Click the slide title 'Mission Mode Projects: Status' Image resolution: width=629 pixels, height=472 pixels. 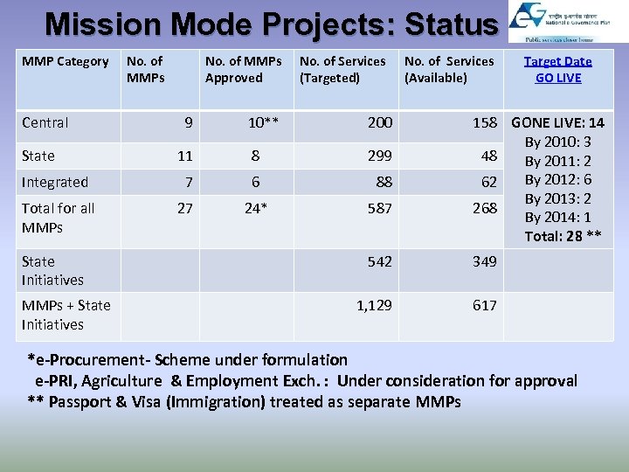(x=271, y=24)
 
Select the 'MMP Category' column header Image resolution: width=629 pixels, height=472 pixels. (x=66, y=61)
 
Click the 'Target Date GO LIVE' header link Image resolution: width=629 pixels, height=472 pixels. (x=557, y=69)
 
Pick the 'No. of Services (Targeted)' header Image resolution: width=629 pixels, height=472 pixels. (x=342, y=69)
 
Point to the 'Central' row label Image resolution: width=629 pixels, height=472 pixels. (x=45, y=122)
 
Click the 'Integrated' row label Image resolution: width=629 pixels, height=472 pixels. (x=55, y=182)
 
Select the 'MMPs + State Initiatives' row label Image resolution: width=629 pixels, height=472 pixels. (x=66, y=315)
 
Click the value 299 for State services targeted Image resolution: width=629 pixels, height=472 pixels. (x=379, y=156)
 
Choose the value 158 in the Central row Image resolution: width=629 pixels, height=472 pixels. (x=485, y=122)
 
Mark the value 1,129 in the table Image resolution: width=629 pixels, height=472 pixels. (x=374, y=305)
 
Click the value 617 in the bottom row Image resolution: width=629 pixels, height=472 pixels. (x=485, y=305)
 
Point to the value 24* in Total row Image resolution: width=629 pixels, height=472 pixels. (x=255, y=208)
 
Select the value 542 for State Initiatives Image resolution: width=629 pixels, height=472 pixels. (x=379, y=261)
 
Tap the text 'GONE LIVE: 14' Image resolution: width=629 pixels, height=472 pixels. (x=557, y=123)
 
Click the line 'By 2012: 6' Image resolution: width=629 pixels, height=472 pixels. (x=557, y=180)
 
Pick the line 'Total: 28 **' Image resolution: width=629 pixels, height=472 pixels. (x=563, y=236)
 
